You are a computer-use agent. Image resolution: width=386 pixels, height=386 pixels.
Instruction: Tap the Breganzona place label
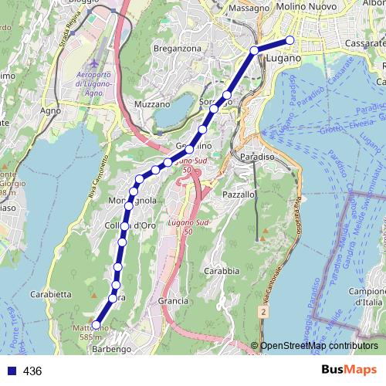click(x=177, y=48)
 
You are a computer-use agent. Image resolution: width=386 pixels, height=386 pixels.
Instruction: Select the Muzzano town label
click(x=151, y=103)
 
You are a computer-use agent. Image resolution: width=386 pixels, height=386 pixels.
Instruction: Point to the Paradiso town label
click(x=252, y=157)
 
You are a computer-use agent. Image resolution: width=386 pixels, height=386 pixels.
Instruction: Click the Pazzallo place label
click(x=238, y=195)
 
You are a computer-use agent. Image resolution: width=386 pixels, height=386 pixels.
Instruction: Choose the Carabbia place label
click(x=222, y=272)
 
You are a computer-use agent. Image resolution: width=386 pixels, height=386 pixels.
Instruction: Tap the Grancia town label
click(x=173, y=300)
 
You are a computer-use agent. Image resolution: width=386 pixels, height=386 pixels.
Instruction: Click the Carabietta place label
click(x=51, y=294)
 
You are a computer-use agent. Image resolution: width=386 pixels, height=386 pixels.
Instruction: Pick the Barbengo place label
click(x=111, y=350)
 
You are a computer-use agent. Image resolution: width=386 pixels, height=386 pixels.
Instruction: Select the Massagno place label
click(x=249, y=8)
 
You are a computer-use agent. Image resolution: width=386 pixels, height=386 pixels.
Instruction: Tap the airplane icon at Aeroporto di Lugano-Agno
click(x=93, y=63)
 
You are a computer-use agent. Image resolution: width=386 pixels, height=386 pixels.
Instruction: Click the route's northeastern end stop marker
click(x=290, y=40)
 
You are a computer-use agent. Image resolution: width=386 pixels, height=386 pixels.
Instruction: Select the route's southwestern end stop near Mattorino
click(x=96, y=325)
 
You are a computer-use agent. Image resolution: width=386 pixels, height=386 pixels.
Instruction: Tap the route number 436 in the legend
click(x=32, y=371)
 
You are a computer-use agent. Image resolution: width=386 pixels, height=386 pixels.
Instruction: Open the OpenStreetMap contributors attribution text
click(x=319, y=346)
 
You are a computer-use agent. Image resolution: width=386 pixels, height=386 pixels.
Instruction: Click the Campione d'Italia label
click(x=367, y=296)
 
